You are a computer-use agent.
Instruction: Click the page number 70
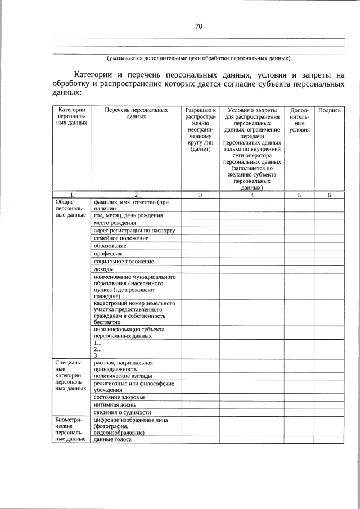pos(199,26)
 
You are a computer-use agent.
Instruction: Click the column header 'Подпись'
pos(329,110)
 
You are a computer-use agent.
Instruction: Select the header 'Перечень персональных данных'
pos(136,114)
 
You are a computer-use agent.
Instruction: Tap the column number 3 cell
pos(200,195)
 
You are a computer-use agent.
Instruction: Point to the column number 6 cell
pos(329,195)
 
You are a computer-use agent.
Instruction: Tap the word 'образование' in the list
pos(110,246)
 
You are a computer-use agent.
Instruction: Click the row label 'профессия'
pos(108,254)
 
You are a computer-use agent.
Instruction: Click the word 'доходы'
pos(104,269)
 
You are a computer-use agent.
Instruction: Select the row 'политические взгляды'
pos(123,376)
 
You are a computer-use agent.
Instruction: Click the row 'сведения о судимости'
pos(122,413)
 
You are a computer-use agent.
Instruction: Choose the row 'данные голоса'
pos(112,439)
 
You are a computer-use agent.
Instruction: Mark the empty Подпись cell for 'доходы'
pos(329,269)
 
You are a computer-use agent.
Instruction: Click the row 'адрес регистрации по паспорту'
pos(134,231)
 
